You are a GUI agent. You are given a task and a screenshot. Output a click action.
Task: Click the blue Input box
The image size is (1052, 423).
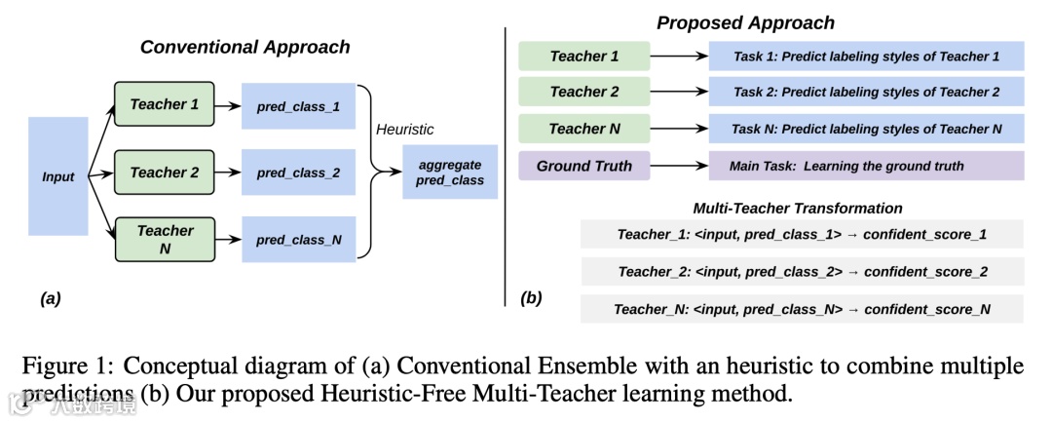coord(58,176)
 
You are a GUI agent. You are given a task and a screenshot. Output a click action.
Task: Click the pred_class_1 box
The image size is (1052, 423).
coord(298,106)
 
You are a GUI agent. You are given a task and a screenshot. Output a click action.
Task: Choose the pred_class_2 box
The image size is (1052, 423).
coord(298,173)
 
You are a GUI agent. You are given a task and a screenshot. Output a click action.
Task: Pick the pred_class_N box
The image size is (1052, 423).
coord(298,239)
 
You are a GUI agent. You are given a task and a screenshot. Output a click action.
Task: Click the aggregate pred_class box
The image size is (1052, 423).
coord(449,173)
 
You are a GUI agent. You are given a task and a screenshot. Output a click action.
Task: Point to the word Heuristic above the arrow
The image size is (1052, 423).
coord(404,129)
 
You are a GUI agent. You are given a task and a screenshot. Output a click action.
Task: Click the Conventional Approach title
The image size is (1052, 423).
coord(244,47)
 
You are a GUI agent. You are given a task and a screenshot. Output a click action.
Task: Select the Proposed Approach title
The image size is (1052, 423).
coord(745,22)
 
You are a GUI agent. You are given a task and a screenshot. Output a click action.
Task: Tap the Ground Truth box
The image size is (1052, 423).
coord(583,166)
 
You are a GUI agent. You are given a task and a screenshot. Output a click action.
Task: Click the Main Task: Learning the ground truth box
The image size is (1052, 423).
coord(866,166)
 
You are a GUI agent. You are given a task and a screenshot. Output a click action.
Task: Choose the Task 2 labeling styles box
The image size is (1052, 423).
coord(866,92)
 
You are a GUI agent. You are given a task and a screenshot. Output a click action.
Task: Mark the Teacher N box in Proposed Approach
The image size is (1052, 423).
coord(583,129)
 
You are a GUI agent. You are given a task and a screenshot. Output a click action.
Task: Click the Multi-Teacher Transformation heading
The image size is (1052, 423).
coord(797,208)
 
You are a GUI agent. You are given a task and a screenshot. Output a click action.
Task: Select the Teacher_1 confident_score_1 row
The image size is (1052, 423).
coord(802,235)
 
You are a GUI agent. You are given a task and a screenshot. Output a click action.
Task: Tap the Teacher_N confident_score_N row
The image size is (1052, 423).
coord(802,309)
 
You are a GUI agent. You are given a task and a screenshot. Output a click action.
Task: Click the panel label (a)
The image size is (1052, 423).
coord(51,299)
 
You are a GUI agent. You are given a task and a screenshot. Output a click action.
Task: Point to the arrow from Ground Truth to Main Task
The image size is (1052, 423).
coord(678,166)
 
